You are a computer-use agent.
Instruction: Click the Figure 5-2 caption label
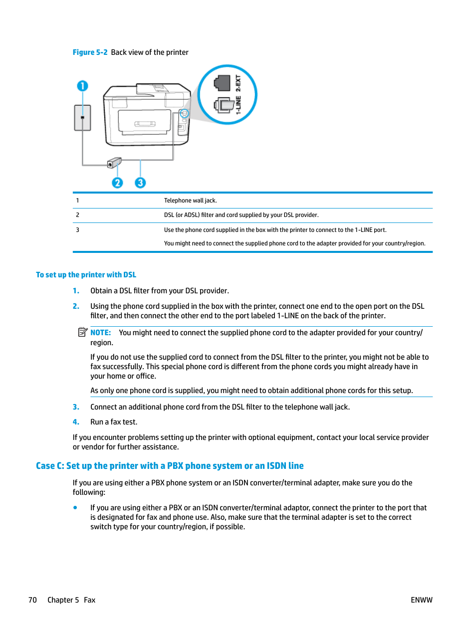coord(90,52)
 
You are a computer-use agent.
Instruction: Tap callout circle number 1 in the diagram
coord(82,86)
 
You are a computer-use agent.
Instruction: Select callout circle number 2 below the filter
coord(117,183)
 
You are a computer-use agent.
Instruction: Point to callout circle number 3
coord(140,183)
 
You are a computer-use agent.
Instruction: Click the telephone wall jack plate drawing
coord(82,118)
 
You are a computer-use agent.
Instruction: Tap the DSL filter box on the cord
coord(115,163)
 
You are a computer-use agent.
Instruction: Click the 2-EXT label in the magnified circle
coord(238,82)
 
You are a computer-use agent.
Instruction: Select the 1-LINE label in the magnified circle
coord(238,105)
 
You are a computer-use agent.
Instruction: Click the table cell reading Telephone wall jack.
coord(190,201)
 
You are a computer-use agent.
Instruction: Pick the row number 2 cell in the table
coord(77,215)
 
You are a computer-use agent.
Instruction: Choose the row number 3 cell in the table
coord(77,230)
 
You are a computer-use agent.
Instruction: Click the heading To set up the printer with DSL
coord(86,275)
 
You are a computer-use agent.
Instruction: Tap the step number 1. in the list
coord(76,291)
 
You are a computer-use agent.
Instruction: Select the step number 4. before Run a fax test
coord(76,422)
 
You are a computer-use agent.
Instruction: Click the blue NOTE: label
coord(100,333)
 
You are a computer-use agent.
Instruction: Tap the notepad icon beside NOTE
coord(83,332)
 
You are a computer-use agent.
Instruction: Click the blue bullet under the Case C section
coord(75,507)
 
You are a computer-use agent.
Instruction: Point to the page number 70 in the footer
coord(32,600)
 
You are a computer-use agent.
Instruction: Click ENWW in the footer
coord(421,600)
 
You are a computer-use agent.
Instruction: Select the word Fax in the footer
coord(89,600)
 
